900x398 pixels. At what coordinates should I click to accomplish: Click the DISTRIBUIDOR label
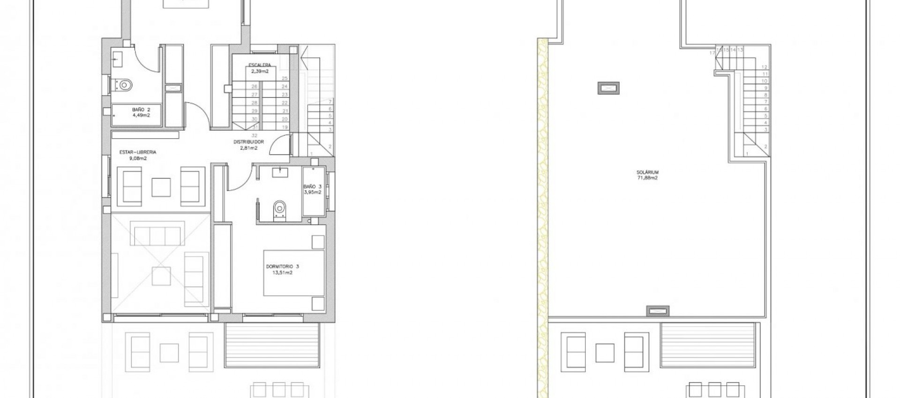248,141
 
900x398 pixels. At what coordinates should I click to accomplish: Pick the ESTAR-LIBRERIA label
138,152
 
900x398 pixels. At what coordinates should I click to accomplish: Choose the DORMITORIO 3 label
282,266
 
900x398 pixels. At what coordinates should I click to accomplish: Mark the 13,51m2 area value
282,273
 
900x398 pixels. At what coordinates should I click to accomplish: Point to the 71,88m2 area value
647,178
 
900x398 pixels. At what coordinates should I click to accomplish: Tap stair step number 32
255,135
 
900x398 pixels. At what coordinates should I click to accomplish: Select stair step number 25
285,78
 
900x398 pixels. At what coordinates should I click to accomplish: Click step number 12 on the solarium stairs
765,67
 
